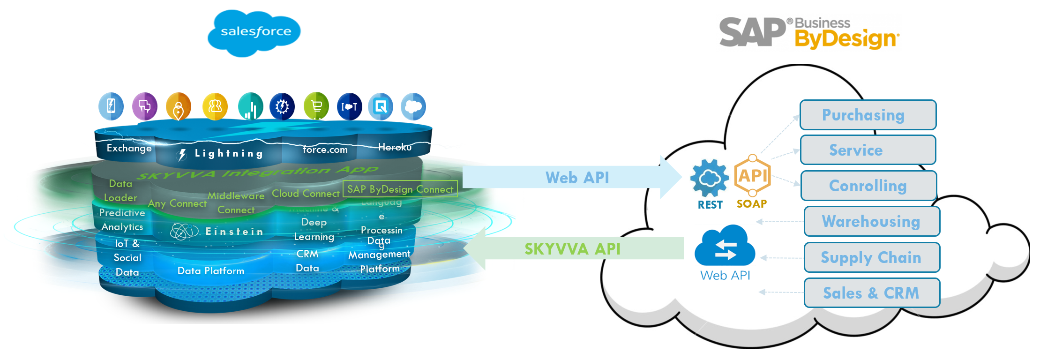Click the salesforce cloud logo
pos(254,32)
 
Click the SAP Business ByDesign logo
pos(809,32)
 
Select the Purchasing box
pos(868,115)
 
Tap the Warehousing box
pos(872,221)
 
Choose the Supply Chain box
pos(872,257)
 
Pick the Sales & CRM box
pos(872,293)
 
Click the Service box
pos(868,150)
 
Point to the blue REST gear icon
pos(710,179)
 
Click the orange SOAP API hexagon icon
pos(752,176)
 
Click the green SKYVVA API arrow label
pos(572,249)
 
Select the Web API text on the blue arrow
pos(577,178)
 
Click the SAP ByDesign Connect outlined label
pos(400,189)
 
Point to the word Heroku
pos(395,147)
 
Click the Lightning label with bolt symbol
pos(220,154)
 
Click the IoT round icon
pos(349,107)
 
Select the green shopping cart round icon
pos(316,106)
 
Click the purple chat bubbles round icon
pos(144,106)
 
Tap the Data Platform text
pos(210,271)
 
